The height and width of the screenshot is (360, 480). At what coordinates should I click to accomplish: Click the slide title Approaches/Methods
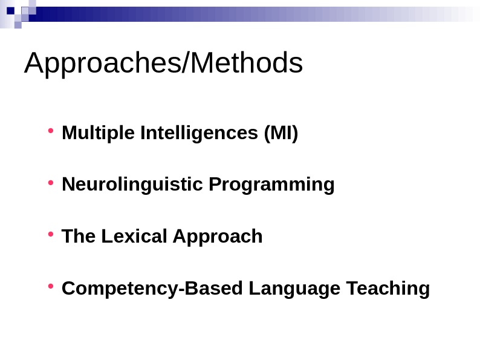[x=163, y=64]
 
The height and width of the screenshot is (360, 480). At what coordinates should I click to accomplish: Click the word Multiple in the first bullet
[x=98, y=133]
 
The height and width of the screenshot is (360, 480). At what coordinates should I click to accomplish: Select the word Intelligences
[x=199, y=133]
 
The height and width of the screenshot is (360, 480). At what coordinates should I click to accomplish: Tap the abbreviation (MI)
[x=281, y=133]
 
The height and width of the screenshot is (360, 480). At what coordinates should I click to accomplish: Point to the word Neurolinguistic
[x=132, y=184]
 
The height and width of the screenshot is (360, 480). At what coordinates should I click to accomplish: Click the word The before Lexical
[x=79, y=236]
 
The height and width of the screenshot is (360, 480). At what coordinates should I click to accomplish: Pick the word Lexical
[x=134, y=236]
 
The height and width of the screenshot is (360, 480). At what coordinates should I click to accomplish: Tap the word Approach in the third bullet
[x=218, y=237]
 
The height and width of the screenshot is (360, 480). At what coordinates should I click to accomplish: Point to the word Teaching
[x=388, y=289]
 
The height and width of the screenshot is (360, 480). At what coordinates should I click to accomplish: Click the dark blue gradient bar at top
[x=181, y=14]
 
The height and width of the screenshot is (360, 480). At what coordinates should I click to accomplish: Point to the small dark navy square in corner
[x=10, y=10]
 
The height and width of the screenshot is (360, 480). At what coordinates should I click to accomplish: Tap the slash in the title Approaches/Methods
[x=185, y=64]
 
